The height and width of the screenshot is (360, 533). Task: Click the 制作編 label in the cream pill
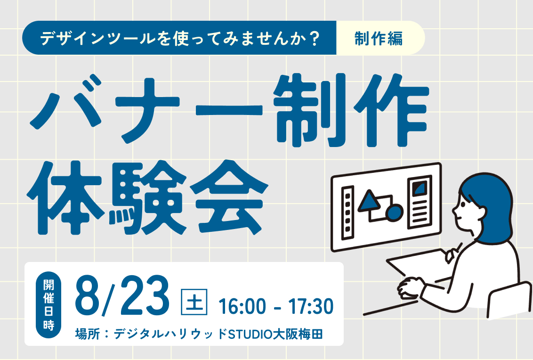point(379,38)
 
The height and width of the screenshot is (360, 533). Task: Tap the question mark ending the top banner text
point(315,38)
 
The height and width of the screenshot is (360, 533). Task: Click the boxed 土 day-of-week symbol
point(194,302)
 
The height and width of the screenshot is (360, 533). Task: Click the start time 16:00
point(242,306)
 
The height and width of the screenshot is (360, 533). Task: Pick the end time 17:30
point(311,306)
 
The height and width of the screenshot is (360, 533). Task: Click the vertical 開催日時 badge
point(48,305)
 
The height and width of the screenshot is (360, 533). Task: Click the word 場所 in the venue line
point(88,334)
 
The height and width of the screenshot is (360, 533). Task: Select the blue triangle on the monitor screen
point(369,201)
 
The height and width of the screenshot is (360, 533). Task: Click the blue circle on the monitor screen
point(394,212)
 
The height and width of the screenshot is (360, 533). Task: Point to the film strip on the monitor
point(347,213)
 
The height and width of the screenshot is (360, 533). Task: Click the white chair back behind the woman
point(510,299)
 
